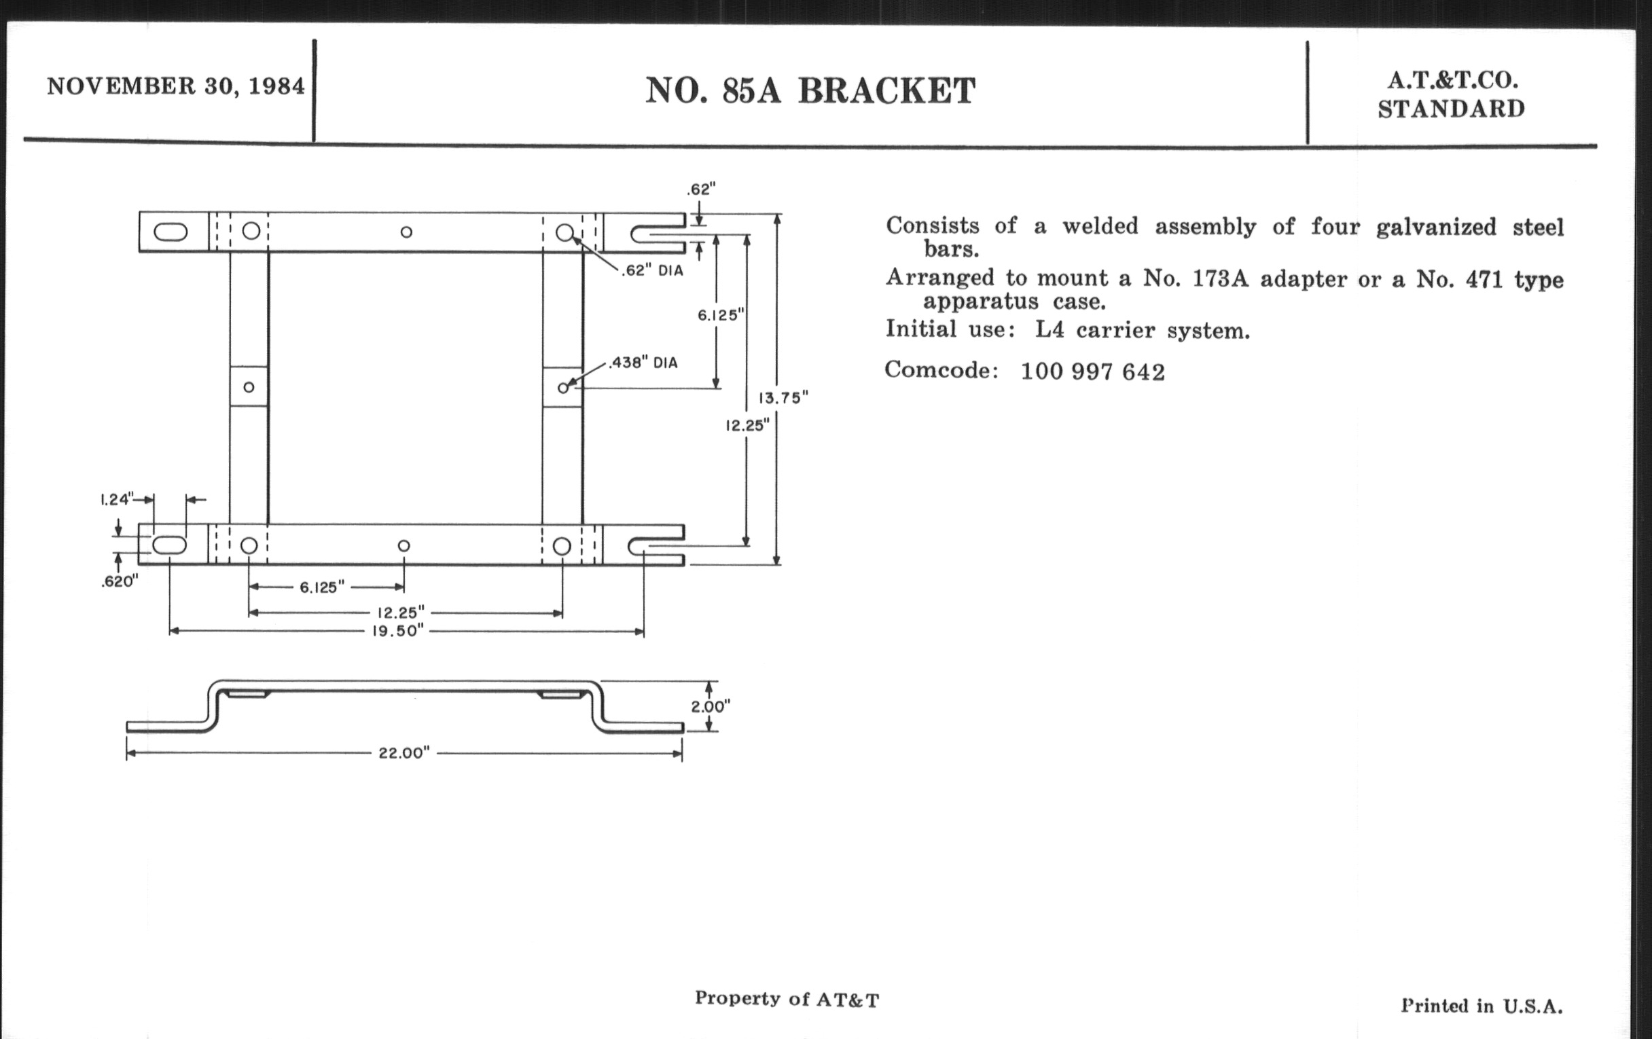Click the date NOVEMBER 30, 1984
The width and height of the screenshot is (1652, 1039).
pos(176,86)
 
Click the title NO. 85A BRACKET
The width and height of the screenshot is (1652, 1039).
pos(810,90)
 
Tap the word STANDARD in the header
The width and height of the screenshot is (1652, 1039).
pos(1452,109)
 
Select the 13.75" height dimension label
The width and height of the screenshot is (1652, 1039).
pos(783,398)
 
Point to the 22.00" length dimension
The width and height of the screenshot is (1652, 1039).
pos(404,753)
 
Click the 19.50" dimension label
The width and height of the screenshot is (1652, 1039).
pos(398,631)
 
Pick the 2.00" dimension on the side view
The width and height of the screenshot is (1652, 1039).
pos(710,706)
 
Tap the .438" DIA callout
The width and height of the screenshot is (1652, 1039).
pos(643,362)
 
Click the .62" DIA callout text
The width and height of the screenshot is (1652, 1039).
pos(652,270)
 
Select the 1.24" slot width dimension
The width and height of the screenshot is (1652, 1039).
pos(117,499)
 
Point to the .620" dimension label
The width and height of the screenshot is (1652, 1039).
pos(120,581)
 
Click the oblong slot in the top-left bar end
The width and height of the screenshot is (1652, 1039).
pos(170,232)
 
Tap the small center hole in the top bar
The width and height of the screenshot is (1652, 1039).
pos(406,232)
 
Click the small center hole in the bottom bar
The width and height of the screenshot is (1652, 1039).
pos(404,546)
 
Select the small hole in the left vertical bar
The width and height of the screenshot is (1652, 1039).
pos(249,388)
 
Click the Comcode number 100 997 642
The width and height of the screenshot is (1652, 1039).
pos(1093,371)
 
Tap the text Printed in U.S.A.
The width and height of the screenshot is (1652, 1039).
pos(1482,1006)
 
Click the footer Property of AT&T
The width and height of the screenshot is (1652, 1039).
pos(787,998)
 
